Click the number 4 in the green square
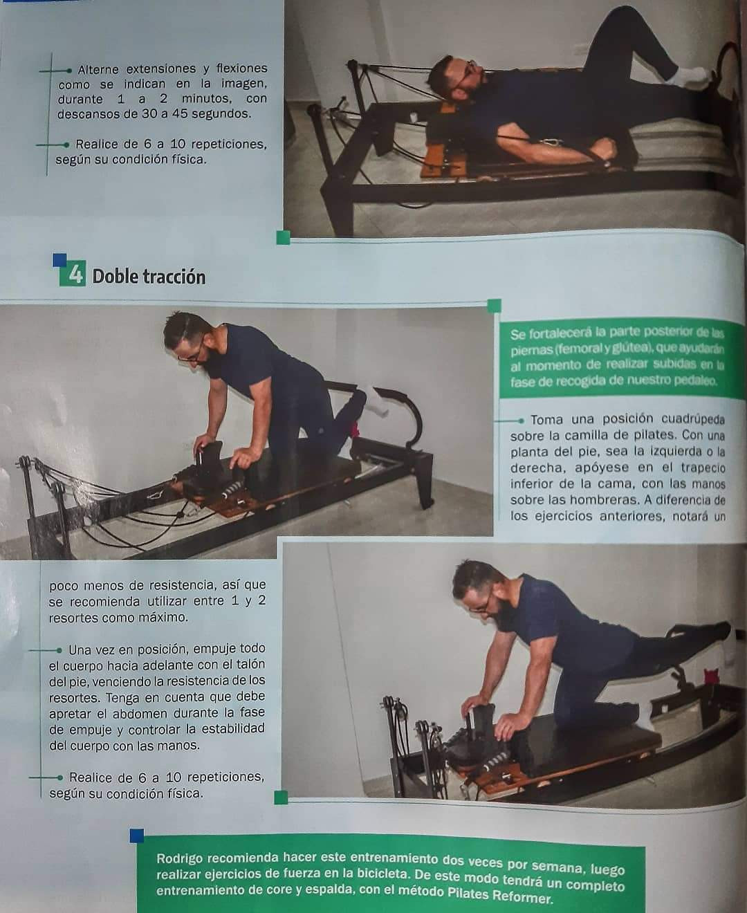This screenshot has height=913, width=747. click(x=75, y=274)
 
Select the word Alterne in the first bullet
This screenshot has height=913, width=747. click(x=98, y=69)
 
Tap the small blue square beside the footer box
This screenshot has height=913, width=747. click(x=137, y=836)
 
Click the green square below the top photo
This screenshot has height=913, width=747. click(x=283, y=238)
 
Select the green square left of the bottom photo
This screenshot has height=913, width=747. click(x=281, y=798)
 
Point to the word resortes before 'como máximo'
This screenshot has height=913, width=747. click(x=73, y=618)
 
